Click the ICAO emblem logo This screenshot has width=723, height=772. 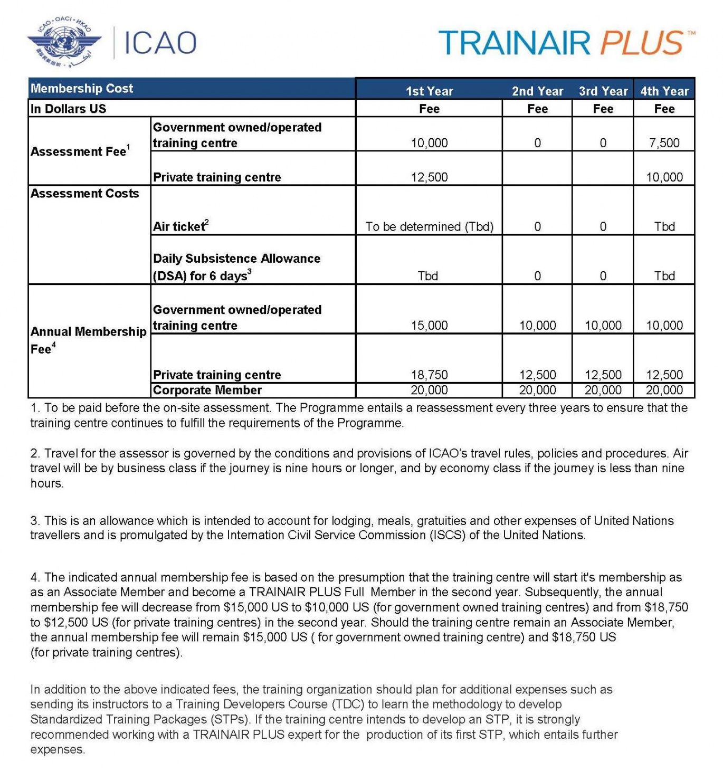pyautogui.click(x=64, y=43)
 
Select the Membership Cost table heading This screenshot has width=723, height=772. pyautogui.click(x=82, y=89)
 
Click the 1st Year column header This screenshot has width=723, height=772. pyautogui.click(x=429, y=91)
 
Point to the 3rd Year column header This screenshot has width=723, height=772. pyautogui.click(x=603, y=91)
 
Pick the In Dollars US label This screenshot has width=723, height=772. pyautogui.click(x=68, y=109)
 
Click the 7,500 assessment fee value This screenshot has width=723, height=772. pyautogui.click(x=664, y=143)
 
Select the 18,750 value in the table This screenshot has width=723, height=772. pyautogui.click(x=429, y=375)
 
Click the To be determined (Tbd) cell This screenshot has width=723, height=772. pyautogui.click(x=429, y=227)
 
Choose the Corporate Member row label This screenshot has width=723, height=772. pyautogui.click(x=207, y=390)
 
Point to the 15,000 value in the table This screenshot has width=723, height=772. pyautogui.click(x=429, y=326)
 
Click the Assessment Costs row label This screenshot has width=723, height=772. pyautogui.click(x=84, y=194)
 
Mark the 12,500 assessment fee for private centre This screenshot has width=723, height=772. pyautogui.click(x=429, y=177)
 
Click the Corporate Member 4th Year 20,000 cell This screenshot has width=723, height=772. pyautogui.click(x=664, y=390)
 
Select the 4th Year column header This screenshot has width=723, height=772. pyautogui.click(x=664, y=91)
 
